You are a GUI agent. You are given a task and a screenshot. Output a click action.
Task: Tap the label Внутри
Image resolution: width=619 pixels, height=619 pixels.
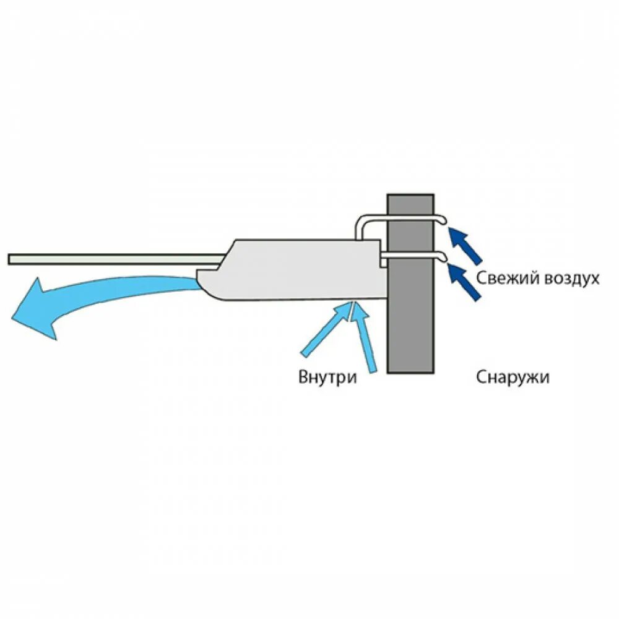coord(327,377)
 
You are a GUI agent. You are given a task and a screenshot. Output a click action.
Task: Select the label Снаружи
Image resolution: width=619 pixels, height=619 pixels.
coord(513,377)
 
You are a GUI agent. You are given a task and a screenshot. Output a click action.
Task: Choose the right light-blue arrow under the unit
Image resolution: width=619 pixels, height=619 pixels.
coord(365,337)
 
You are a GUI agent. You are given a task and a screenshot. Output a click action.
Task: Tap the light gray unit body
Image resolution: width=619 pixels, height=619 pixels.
coord(297,269)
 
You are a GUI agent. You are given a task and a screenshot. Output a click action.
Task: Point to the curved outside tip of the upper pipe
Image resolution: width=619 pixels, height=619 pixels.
coord(443,220)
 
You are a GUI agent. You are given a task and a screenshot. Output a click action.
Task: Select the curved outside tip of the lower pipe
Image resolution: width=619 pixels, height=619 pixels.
coord(443,256)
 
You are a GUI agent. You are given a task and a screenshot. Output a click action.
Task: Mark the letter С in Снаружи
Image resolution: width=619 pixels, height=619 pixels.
coord(482,377)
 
